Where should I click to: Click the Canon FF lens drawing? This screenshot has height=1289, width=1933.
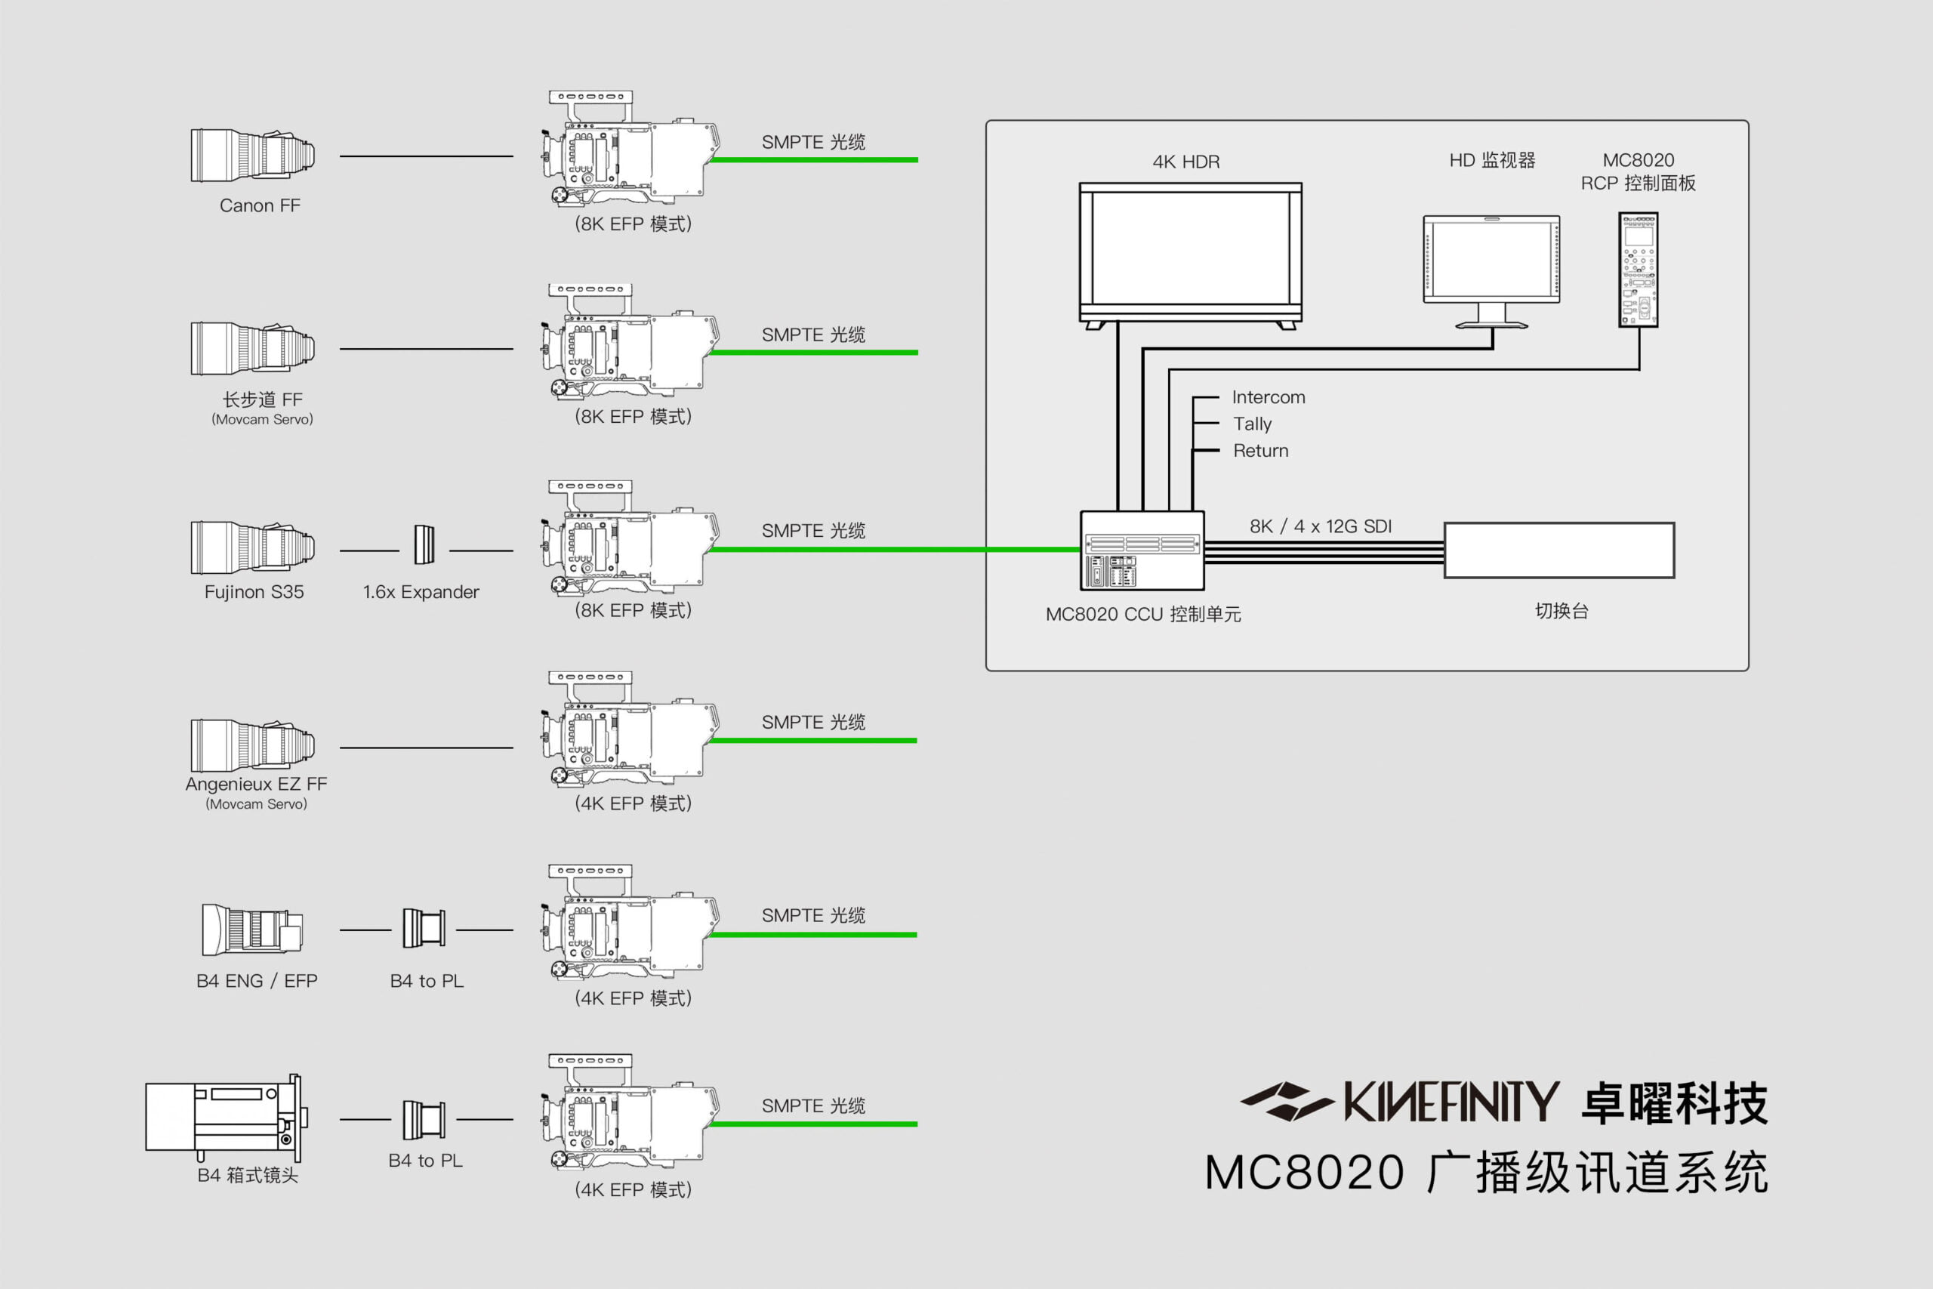252,155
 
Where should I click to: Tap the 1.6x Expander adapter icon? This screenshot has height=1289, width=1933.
424,544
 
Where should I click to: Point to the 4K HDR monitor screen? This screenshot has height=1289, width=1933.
1190,249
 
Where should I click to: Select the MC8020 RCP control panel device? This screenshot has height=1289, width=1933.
1638,270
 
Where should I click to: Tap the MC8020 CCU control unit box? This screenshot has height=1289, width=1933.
1142,550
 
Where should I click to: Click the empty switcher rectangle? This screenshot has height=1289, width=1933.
1558,550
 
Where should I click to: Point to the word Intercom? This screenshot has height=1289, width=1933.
1268,398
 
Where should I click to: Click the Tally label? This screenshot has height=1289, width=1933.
1253,424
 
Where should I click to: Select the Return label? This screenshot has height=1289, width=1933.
1261,451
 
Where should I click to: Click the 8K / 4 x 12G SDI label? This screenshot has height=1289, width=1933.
1320,526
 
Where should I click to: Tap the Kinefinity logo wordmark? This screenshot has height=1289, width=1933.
1451,1102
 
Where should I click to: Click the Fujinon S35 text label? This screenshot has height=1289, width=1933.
254,592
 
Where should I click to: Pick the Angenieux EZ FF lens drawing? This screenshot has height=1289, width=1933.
252,745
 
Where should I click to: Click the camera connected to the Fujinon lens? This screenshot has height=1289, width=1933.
629,543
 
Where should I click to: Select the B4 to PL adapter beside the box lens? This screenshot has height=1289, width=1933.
424,1120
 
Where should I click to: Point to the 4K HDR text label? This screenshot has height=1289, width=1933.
1186,162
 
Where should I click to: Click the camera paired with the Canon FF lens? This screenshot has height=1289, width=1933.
629,152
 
